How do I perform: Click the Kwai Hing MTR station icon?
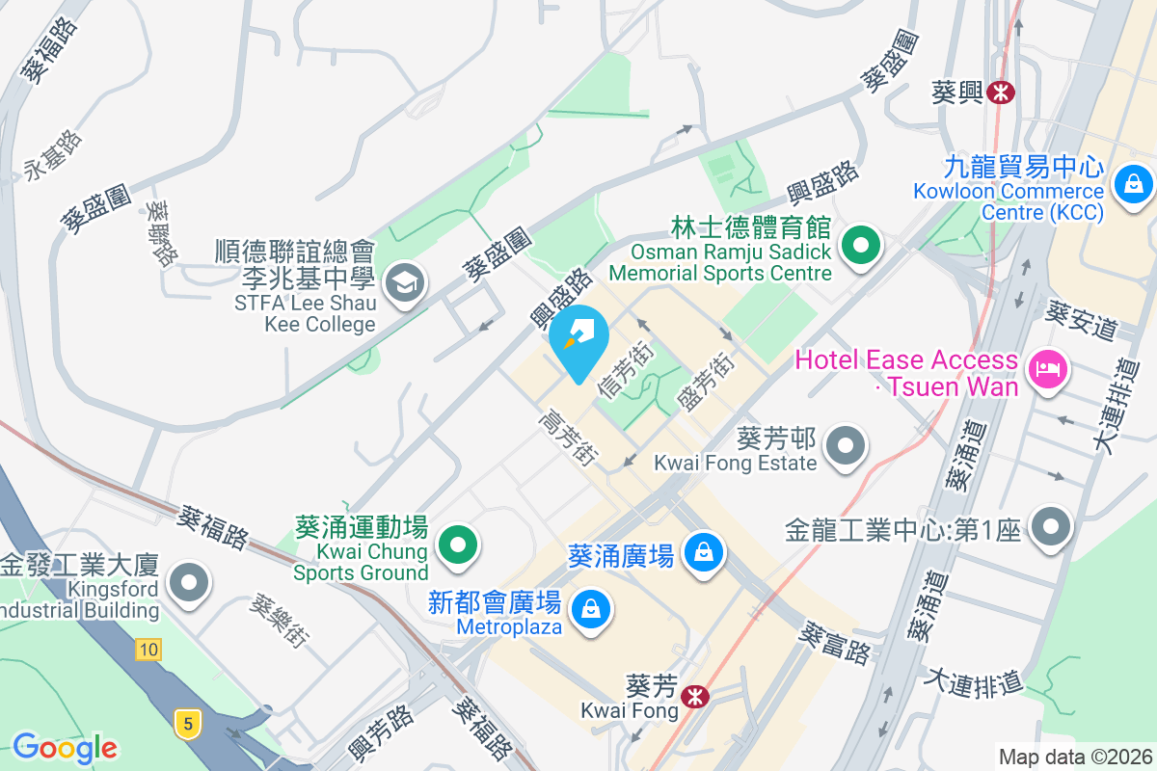[1003, 93]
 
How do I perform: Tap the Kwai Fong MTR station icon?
[692, 695]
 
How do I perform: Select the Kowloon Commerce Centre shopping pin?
[1132, 182]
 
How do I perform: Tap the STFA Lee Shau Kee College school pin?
[404, 283]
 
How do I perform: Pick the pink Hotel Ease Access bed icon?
[1048, 368]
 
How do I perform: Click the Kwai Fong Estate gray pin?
[848, 445]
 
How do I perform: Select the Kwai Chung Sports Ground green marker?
[458, 545]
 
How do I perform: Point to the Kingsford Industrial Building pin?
[188, 582]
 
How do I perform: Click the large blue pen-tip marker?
[578, 339]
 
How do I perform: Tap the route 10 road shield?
[148, 650]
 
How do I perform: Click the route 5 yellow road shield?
[187, 720]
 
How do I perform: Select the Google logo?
[65, 747]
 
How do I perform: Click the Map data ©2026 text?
[1075, 758]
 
